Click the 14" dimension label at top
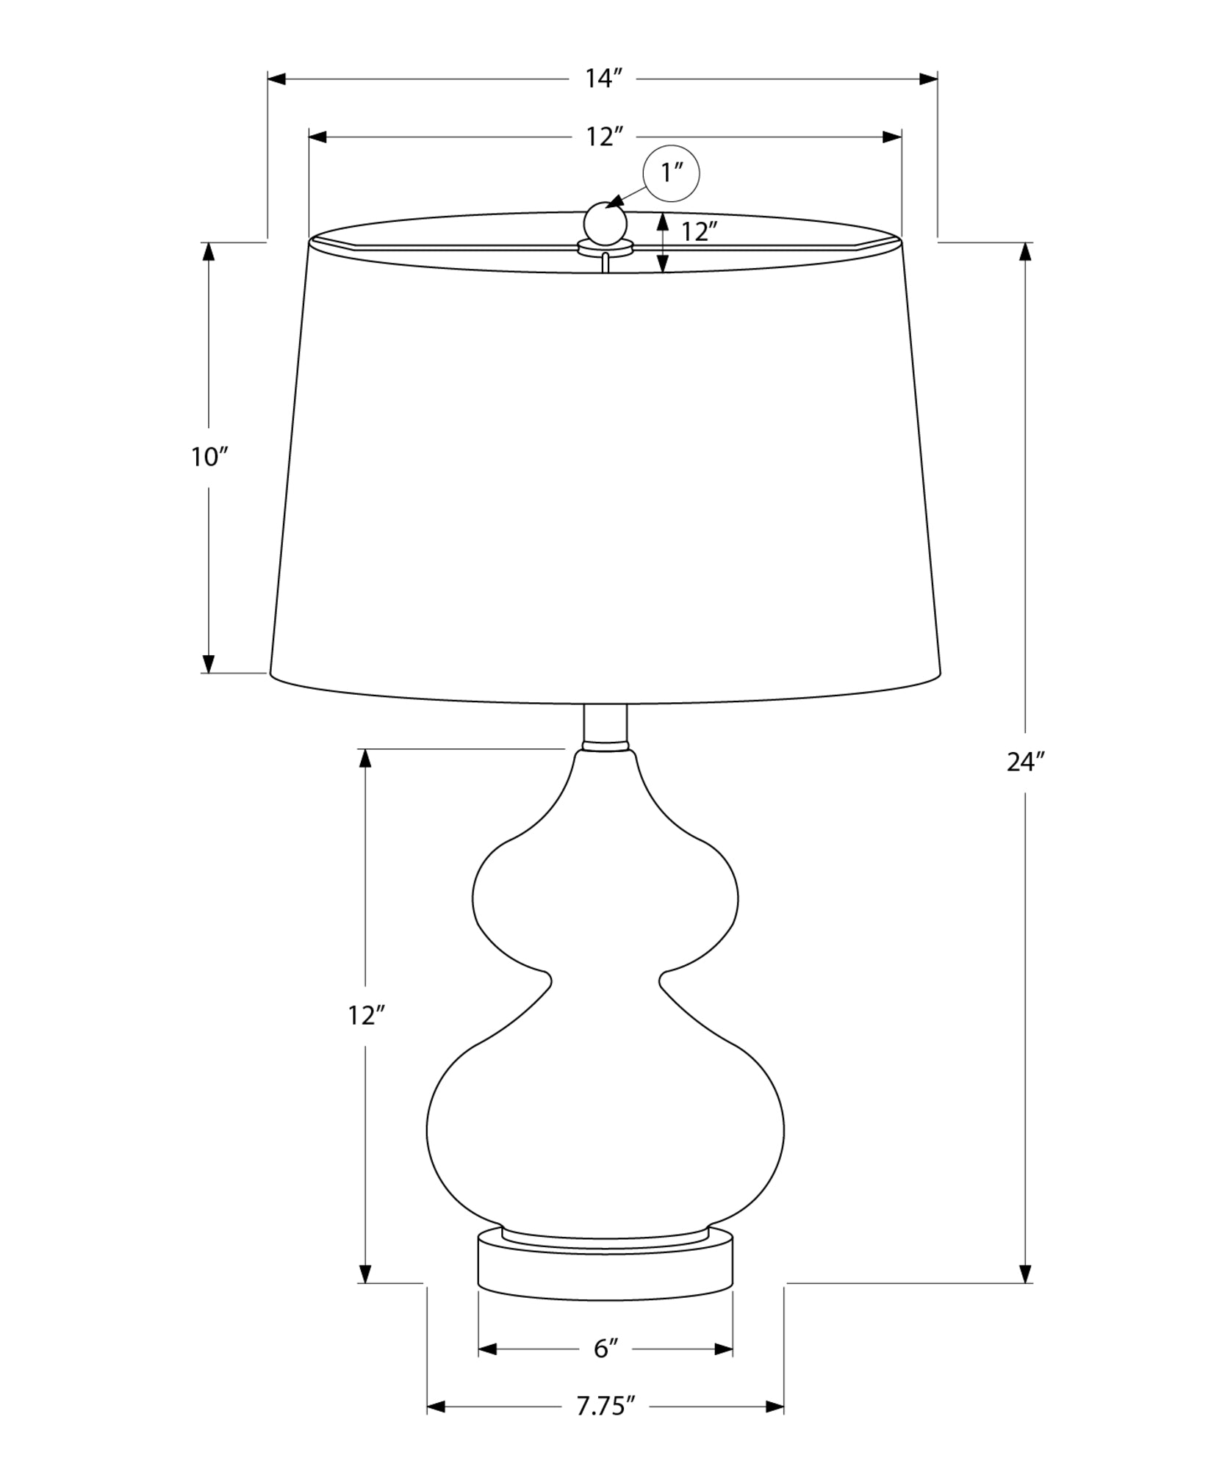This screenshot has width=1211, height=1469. click(604, 78)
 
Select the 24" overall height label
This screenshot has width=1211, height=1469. click(1025, 763)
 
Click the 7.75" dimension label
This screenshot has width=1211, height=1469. click(605, 1427)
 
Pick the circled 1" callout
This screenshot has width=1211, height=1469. click(671, 174)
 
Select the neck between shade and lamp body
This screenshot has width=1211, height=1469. click(605, 726)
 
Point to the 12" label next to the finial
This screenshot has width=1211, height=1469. click(698, 232)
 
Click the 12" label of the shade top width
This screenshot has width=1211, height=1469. click(605, 137)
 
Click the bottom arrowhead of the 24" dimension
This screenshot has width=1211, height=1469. click(1026, 1273)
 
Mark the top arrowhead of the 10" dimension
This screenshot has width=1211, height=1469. click(209, 251)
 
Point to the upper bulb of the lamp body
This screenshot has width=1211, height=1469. click(605, 900)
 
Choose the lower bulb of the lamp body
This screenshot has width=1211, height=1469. click(605, 1131)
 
